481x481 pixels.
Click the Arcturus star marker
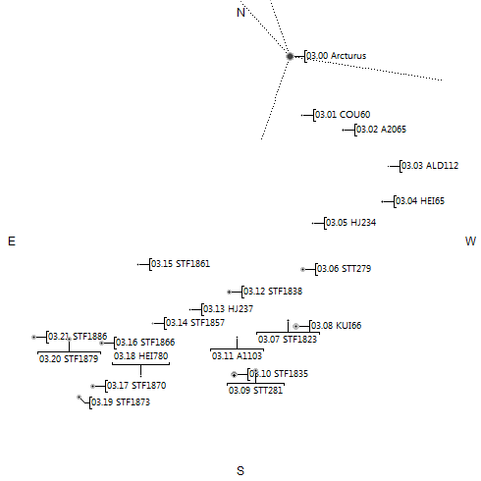coord(290,56)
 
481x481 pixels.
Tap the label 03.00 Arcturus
coord(337,56)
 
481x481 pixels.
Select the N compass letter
coord(240,13)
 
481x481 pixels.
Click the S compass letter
coord(240,470)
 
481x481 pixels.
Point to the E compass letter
coord(12,241)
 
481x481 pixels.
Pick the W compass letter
coord(470,241)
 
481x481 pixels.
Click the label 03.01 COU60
coord(343,115)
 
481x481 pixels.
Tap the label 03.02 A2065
coord(381,130)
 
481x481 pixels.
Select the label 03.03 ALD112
coord(430,166)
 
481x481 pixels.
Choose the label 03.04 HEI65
coord(420,201)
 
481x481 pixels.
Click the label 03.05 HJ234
coord(351,223)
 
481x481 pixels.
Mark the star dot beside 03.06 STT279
coord(302,269)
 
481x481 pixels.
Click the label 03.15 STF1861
coord(181,264)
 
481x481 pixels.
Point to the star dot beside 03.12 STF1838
coord(229,292)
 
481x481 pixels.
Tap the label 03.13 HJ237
coord(228,308)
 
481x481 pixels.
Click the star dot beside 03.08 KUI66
coord(295,326)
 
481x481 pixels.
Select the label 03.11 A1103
coord(237,355)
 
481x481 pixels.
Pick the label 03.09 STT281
coord(255,390)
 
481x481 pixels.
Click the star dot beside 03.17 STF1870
coord(93,386)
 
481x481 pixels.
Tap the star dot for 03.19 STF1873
coord(79,398)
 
